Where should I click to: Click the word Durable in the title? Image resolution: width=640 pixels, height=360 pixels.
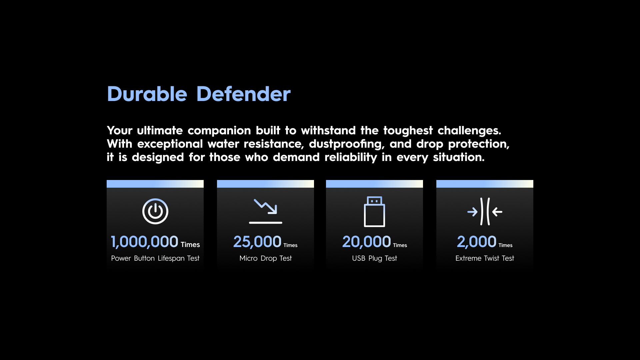[147, 94]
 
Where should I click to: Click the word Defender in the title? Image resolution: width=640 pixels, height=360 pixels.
[243, 94]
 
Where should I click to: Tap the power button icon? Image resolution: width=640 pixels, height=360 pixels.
[155, 211]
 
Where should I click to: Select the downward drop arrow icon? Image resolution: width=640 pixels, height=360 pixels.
[266, 211]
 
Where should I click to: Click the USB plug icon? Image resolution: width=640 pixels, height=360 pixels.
[374, 212]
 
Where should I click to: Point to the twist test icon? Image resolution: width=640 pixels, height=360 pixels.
[485, 211]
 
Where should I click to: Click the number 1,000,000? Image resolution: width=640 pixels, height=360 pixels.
[144, 242]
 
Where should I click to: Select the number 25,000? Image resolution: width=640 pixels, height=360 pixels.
[257, 242]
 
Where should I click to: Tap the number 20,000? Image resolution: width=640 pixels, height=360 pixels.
[366, 242]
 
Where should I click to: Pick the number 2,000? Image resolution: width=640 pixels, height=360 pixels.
[477, 242]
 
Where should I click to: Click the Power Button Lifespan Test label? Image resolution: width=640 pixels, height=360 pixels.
[155, 258]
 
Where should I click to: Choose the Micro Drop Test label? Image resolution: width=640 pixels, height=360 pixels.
[266, 258]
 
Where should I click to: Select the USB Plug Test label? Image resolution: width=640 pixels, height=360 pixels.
[375, 258]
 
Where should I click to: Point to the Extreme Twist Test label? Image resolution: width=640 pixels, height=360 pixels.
[485, 258]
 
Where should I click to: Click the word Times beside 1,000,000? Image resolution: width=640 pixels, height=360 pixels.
[190, 245]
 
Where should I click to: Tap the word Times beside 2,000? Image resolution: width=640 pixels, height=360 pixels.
[505, 245]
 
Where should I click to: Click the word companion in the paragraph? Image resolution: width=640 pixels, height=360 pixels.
[219, 131]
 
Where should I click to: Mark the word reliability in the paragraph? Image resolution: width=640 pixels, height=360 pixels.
[351, 157]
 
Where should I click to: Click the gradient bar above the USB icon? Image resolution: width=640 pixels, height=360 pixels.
[374, 184]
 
